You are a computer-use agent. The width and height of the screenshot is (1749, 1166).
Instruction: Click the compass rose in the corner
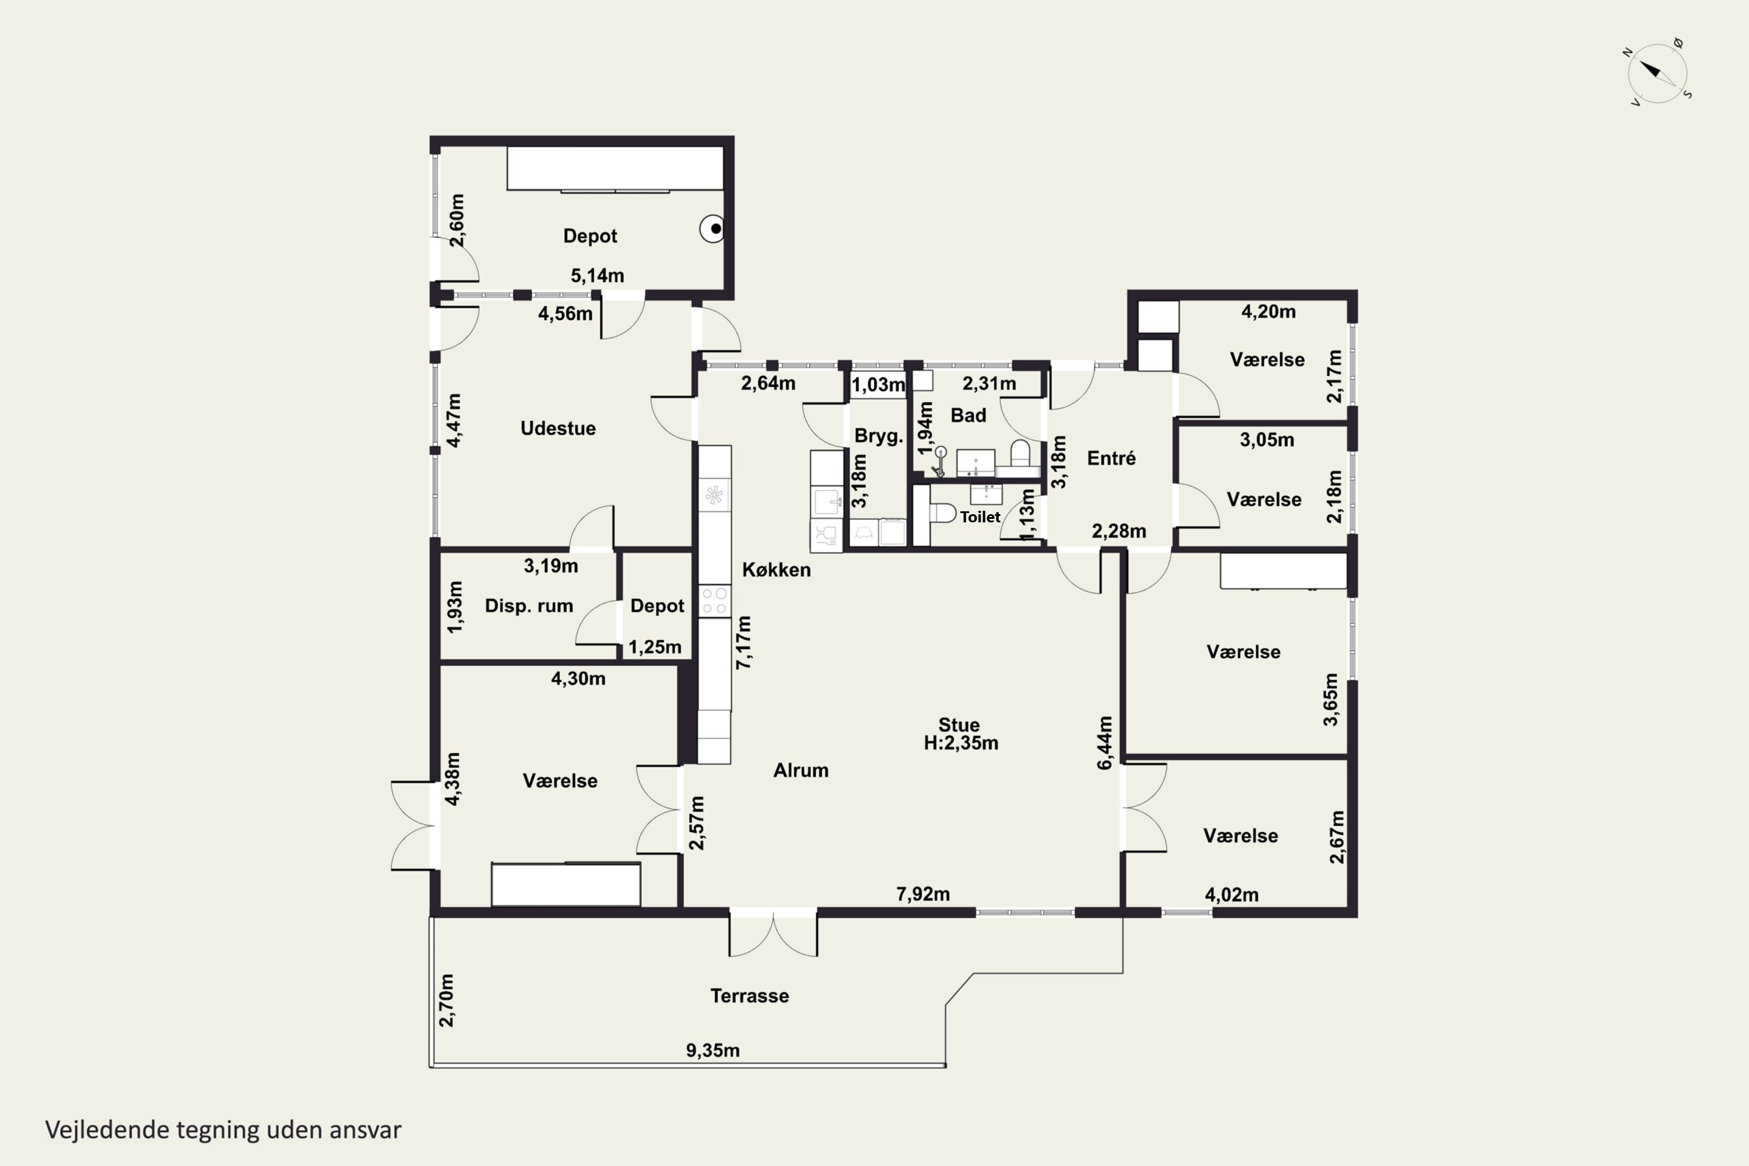(1657, 72)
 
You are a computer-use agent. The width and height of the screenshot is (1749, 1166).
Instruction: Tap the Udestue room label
(558, 429)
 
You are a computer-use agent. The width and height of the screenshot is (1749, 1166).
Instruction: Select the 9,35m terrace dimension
(712, 1050)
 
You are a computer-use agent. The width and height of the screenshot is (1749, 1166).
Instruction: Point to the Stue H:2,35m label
(960, 734)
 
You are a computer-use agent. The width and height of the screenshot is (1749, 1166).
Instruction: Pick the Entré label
(1111, 458)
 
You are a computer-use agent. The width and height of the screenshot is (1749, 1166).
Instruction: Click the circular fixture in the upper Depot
(712, 229)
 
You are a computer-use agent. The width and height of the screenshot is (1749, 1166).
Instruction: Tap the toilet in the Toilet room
(942, 512)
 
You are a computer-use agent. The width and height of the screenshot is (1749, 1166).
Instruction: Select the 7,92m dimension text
(923, 894)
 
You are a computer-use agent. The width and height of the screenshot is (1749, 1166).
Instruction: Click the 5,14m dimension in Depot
(597, 276)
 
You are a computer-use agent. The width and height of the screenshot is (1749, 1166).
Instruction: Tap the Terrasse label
(750, 996)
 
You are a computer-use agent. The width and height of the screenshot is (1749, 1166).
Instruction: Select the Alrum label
(801, 770)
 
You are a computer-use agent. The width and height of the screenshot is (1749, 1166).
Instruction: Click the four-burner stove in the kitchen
(715, 601)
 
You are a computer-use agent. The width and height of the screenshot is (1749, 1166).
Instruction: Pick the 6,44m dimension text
(1105, 743)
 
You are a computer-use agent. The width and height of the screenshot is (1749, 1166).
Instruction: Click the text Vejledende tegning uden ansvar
(223, 1130)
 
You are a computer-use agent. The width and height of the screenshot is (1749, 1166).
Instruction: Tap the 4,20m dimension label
(1269, 311)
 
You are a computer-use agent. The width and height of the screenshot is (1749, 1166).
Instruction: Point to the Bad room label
(968, 416)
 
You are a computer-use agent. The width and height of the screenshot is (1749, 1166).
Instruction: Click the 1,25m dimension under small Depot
(654, 647)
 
